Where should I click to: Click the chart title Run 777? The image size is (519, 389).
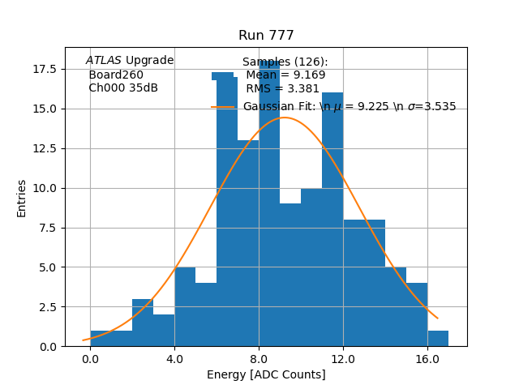coord(266,36)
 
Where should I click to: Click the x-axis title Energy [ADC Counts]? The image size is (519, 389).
coord(266,374)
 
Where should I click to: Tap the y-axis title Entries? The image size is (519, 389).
coord(22,198)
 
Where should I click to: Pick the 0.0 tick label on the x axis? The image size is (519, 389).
coord(90,358)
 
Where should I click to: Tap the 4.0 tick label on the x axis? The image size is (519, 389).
coord(174,358)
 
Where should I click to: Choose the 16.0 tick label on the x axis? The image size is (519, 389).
coord(427,358)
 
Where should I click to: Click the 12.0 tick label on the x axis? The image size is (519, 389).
coord(343,358)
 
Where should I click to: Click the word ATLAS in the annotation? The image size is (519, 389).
coord(104,61)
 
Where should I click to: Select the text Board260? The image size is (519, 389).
coord(116,75)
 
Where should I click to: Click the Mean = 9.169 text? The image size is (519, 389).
coord(285,75)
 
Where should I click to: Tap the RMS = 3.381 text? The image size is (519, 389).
coord(282,89)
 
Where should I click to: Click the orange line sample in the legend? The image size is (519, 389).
coord(223,107)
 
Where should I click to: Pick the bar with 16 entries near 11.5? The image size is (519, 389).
coord(332,219)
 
